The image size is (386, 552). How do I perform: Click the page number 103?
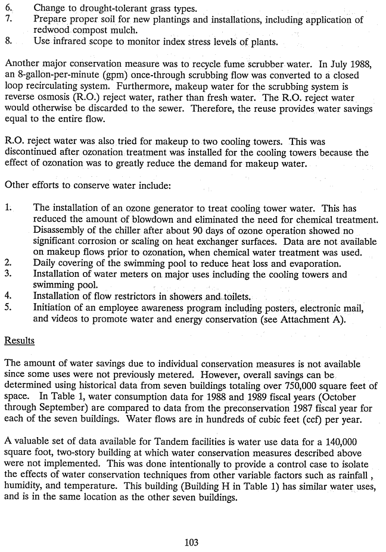tap(191, 542)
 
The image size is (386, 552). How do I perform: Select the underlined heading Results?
tap(19, 341)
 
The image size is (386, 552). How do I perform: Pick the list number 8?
tap(8, 42)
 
